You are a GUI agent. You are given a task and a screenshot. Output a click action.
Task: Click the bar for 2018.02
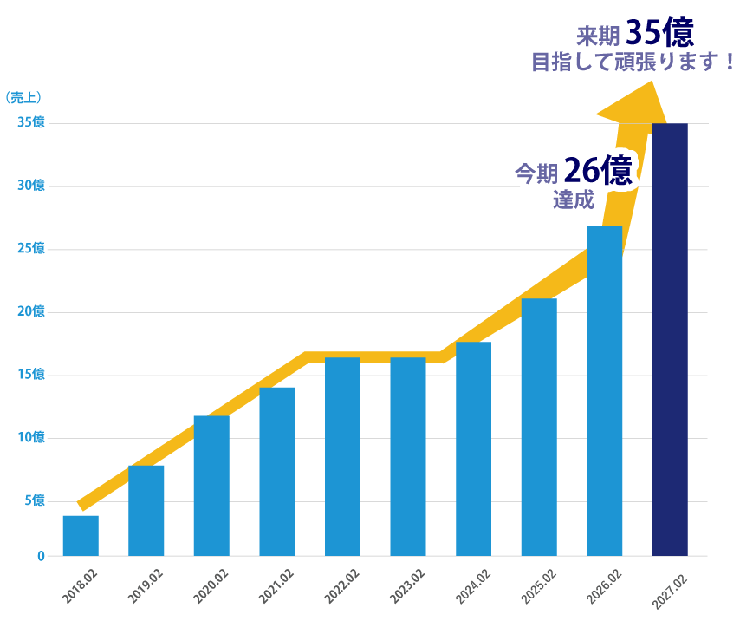81,536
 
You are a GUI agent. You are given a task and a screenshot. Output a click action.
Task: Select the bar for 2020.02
211,486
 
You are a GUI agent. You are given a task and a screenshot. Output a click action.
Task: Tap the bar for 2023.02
408,456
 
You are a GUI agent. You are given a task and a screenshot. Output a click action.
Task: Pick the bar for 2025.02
539,427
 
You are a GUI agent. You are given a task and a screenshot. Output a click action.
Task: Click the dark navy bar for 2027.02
670,339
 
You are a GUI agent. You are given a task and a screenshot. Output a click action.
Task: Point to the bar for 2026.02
604,390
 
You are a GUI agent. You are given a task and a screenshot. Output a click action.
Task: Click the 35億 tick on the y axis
31,122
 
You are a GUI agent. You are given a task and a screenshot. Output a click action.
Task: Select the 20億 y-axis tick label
31,311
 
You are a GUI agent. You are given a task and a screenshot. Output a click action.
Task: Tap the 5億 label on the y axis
34,500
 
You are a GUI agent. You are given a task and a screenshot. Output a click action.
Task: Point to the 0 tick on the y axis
40,556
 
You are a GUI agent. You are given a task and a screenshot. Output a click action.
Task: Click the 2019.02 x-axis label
146,585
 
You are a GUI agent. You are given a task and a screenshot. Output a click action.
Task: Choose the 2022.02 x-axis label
342,585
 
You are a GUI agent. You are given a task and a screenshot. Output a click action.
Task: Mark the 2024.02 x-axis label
473,585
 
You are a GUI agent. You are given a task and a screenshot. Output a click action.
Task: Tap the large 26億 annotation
598,171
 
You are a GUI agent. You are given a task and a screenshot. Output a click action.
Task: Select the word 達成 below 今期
574,199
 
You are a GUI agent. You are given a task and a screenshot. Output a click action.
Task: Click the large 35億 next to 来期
660,33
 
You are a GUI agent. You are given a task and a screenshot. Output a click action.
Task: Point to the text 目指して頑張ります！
633,63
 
